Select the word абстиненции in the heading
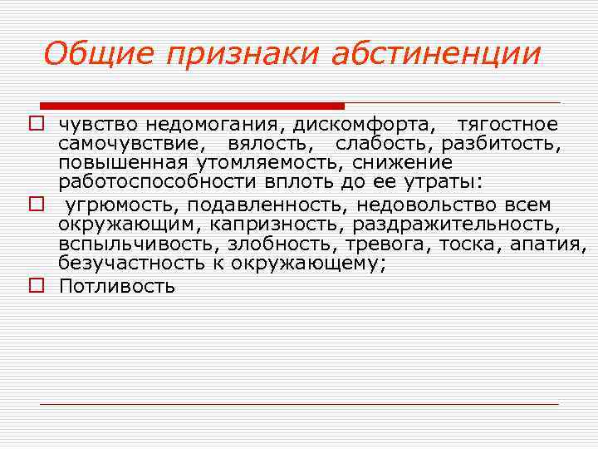click(436, 54)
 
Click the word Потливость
click(117, 287)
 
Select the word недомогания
click(219, 126)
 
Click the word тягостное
click(508, 126)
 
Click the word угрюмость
click(121, 205)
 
